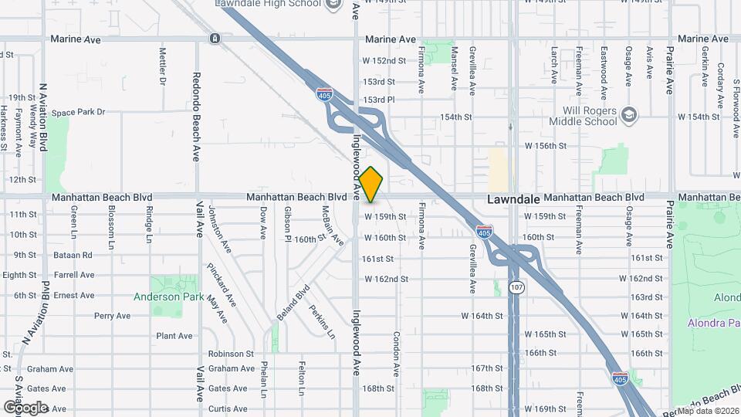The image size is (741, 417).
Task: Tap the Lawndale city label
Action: pyautogui.click(x=513, y=199)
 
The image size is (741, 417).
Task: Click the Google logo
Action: pyautogui.click(x=25, y=407)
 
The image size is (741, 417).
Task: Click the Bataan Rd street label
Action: pyautogui.click(x=73, y=255)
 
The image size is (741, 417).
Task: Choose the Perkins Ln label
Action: pyautogui.click(x=323, y=321)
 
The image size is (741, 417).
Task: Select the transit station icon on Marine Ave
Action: pyautogui.click(x=214, y=39)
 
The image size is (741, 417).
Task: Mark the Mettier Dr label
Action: pyautogui.click(x=163, y=66)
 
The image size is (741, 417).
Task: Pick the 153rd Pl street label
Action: pyautogui.click(x=379, y=100)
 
